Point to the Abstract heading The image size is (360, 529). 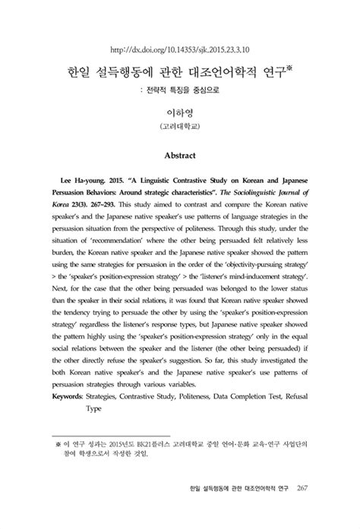coord(180,156)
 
